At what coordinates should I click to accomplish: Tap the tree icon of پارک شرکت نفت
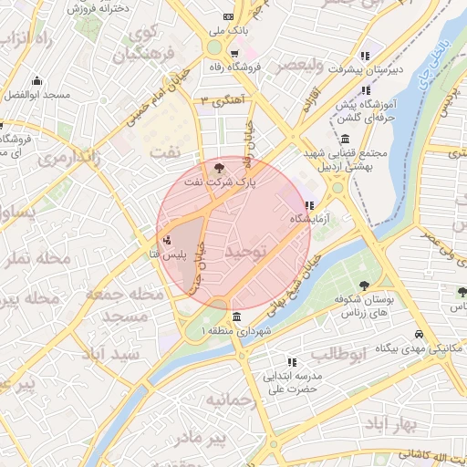click(218, 167)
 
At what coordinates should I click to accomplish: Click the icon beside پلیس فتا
click(166, 241)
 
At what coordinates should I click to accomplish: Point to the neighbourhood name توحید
click(246, 249)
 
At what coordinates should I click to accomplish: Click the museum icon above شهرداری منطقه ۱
click(237, 317)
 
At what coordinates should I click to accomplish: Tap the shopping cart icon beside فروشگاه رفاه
click(234, 54)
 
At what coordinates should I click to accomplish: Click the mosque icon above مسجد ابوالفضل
click(36, 80)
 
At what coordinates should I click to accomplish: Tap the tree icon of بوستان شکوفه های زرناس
click(364, 285)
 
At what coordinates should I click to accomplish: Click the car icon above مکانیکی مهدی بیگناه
click(418, 334)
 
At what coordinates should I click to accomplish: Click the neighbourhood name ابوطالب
click(337, 352)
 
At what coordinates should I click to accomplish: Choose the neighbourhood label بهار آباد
click(392, 425)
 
